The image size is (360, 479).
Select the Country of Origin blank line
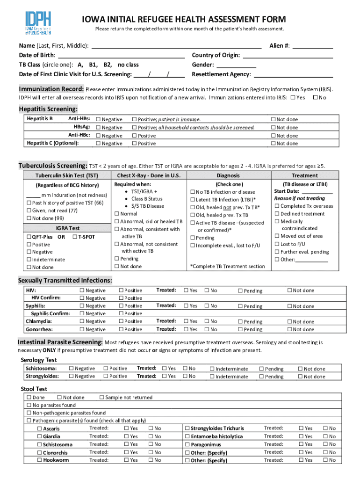(287, 56)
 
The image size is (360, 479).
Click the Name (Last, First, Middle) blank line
(176, 46)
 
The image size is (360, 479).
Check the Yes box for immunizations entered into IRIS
(293, 97)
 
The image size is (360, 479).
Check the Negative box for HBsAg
(98, 128)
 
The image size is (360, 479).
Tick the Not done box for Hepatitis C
(274, 144)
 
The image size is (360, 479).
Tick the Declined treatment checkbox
(277, 214)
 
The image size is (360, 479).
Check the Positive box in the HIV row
(122, 290)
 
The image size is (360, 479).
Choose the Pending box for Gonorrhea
(240, 330)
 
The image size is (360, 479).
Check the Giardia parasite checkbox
(40, 436)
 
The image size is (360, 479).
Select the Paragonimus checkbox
(187, 444)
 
